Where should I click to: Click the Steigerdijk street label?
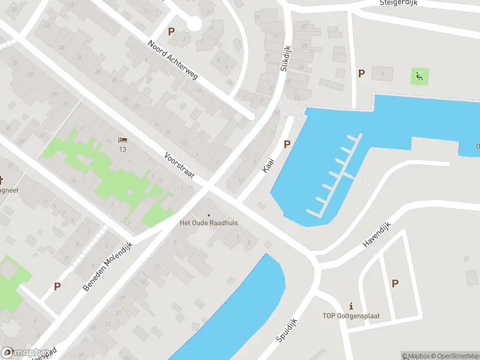[398, 3]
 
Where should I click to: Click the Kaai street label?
[268, 166]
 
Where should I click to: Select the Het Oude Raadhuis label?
[209, 223]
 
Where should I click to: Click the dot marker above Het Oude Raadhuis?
[209, 215]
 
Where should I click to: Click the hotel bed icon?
[123, 139]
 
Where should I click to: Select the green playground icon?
[418, 76]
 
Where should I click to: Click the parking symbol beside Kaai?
[287, 144]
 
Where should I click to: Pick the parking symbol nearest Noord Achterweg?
[172, 31]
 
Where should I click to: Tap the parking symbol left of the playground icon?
[361, 73]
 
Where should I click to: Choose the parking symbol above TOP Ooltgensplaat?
[395, 283]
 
